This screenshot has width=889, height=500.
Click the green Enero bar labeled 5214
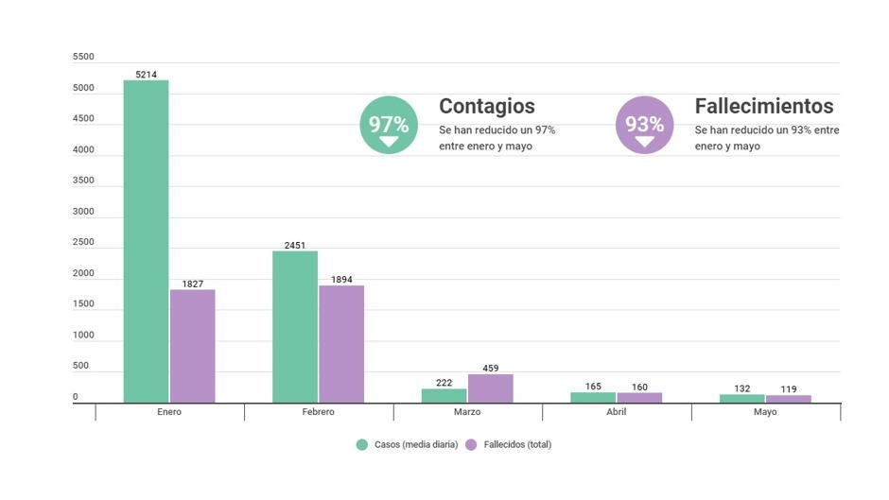147,241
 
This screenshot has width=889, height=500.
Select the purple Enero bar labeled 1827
193,346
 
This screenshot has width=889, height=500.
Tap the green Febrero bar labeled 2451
295,327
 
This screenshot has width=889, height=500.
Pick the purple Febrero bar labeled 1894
341,344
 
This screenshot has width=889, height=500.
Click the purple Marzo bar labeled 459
490,388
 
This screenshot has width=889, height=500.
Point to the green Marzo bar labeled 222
444,396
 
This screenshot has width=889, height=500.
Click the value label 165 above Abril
593,387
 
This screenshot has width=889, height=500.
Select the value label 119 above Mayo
789,388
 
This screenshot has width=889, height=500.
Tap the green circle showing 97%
388,125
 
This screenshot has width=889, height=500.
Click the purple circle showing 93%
644,125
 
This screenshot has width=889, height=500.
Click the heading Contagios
487,106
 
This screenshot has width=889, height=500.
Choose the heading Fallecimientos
764,106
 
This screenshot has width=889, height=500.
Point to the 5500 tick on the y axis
83,57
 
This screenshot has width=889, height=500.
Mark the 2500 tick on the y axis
83,242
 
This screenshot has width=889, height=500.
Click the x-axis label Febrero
318,412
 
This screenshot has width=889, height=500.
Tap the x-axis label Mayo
765,412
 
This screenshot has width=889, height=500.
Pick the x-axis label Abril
616,412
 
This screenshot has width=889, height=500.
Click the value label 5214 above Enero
147,73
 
